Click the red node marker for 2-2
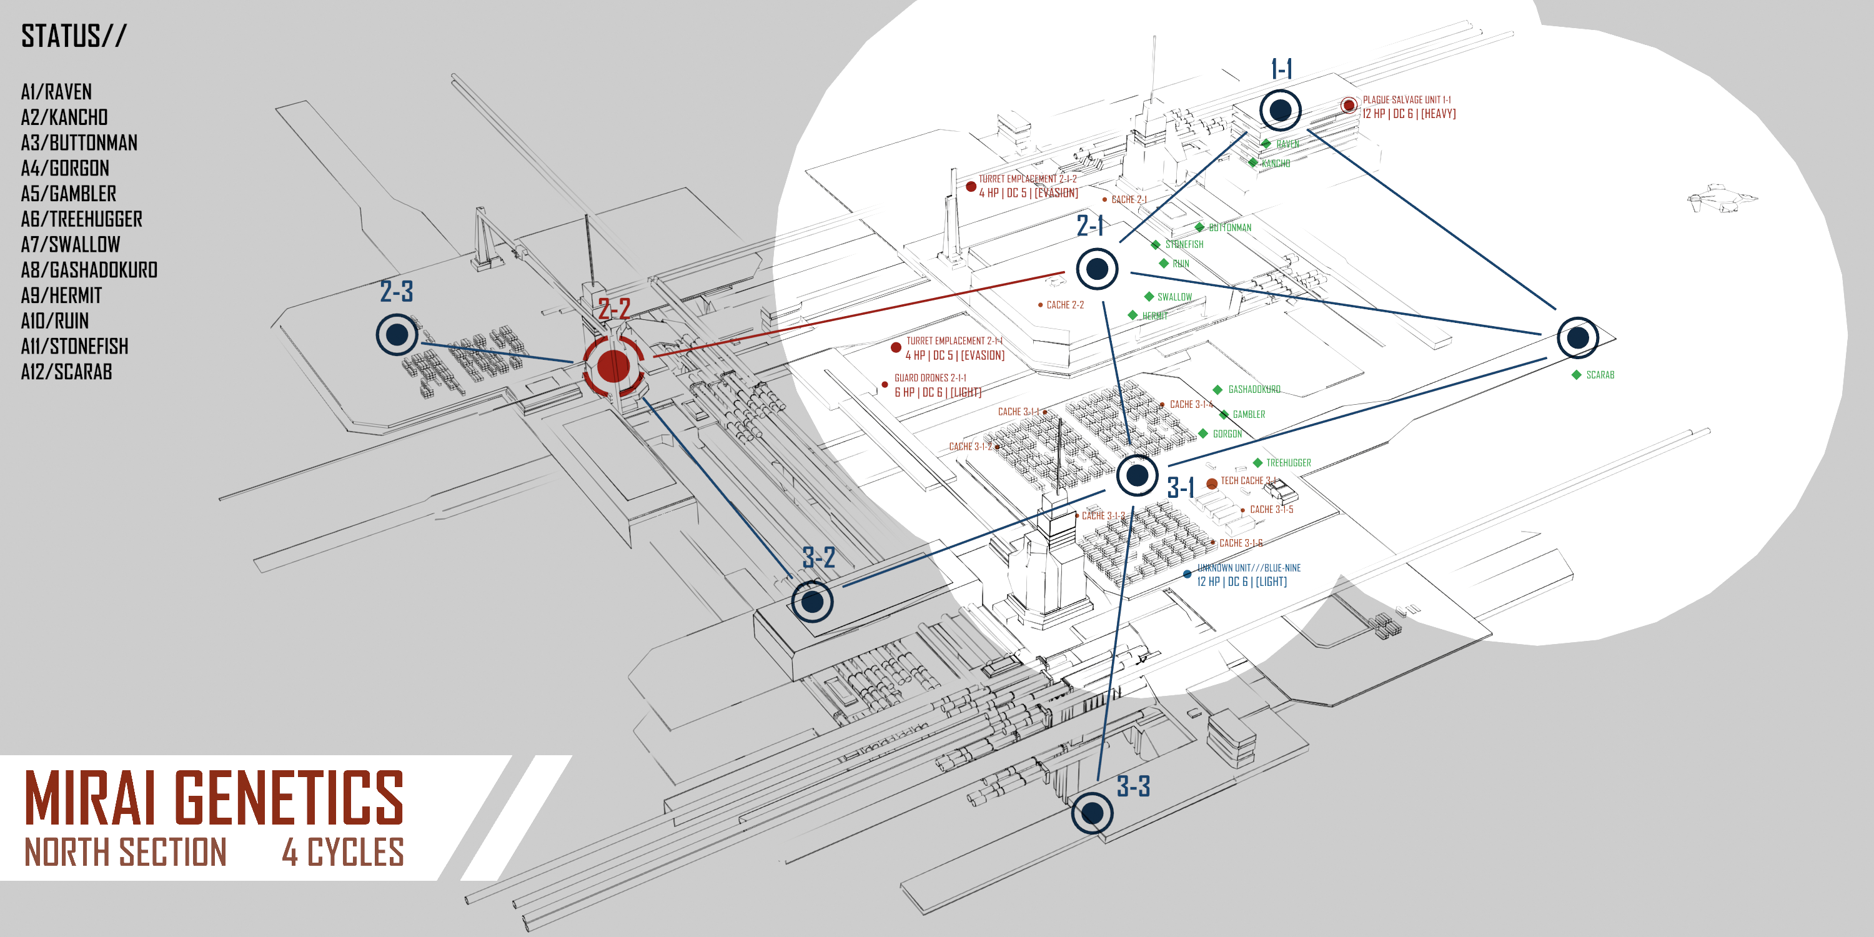click(x=613, y=365)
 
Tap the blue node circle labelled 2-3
click(x=397, y=335)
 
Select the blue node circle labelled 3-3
click(x=1092, y=813)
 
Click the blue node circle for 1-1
click(x=1281, y=111)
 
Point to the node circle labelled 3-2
click(x=812, y=602)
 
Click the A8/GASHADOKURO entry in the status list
click(x=89, y=270)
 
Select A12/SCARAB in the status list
click(x=66, y=372)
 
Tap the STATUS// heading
click(x=74, y=36)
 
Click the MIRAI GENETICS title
click(x=214, y=798)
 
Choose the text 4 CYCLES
click(x=343, y=852)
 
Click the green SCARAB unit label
click(x=1600, y=375)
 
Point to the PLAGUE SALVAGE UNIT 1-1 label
click(x=1406, y=100)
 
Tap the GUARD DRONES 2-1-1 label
click(x=930, y=377)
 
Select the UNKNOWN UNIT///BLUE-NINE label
click(x=1248, y=567)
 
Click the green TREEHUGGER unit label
click(x=1287, y=463)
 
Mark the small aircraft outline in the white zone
click(x=1720, y=198)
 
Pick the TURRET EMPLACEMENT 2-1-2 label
click(x=1027, y=178)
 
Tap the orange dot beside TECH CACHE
click(x=1211, y=483)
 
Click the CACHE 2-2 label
click(x=1064, y=305)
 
